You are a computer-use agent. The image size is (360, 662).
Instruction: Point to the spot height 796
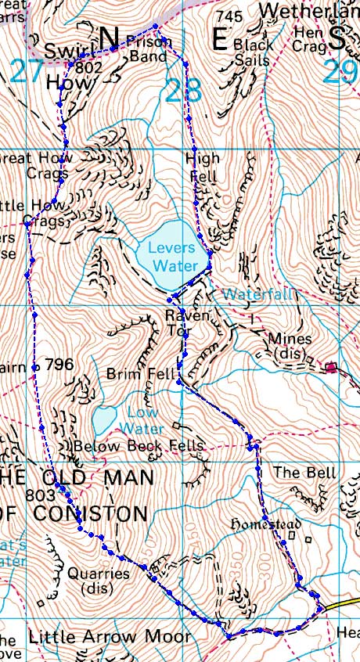click(59, 365)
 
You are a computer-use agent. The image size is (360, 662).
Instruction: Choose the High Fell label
click(203, 167)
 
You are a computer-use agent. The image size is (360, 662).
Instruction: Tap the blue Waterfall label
click(257, 294)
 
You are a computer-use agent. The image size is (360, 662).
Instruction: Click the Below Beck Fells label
click(139, 446)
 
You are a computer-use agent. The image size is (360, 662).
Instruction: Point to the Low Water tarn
click(104, 419)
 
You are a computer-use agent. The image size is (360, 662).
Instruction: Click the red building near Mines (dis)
click(331, 366)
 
